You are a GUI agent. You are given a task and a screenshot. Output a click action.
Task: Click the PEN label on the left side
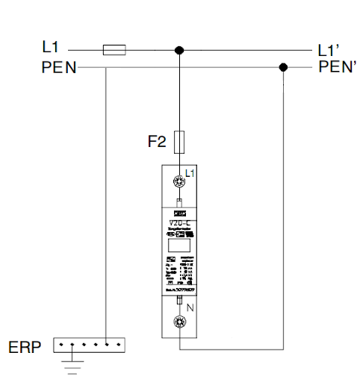point(59,67)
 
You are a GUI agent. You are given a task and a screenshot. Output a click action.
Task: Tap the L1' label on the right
point(329,51)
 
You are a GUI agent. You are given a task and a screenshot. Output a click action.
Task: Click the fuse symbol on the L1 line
point(114,50)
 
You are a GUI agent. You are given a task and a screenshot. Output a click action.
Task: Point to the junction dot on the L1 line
point(179,50)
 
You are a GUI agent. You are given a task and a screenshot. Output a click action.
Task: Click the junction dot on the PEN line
point(283,67)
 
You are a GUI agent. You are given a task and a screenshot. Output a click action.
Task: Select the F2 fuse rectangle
point(179,141)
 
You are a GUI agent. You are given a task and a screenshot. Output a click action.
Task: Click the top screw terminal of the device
point(179,181)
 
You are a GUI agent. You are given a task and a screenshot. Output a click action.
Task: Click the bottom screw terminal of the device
point(179,322)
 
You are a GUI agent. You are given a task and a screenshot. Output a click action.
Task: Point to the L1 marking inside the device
point(190,173)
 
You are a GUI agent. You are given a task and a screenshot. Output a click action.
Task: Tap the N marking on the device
point(190,307)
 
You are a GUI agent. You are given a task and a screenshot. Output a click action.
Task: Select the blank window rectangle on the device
point(179,245)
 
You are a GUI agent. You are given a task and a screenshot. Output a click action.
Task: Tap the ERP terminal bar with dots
point(89,345)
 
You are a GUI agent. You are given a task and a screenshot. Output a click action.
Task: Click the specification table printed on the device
point(179,272)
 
